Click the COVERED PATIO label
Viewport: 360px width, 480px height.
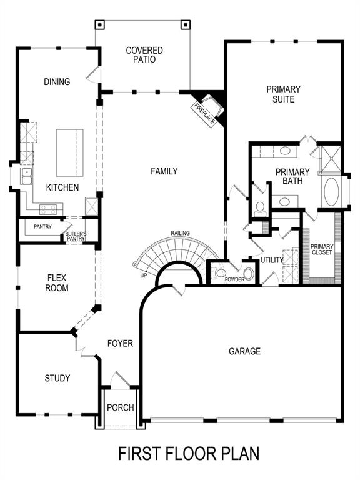point(144,55)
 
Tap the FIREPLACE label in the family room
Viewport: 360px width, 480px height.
point(204,111)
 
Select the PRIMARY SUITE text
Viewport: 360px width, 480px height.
point(283,94)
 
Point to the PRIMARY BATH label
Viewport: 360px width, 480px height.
point(292,176)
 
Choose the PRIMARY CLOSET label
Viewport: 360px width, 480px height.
point(322,249)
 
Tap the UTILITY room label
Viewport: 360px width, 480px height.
point(272,260)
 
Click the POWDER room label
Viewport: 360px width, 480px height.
point(234,279)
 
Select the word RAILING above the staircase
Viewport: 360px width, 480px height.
point(181,234)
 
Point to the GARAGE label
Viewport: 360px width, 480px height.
point(244,351)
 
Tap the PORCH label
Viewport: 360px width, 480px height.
point(120,407)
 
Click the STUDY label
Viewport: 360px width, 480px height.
point(57,378)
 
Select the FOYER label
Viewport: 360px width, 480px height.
point(120,343)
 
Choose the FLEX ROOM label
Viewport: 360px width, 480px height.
point(57,282)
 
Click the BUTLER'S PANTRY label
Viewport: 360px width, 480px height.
point(75,236)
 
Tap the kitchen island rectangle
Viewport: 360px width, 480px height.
point(69,153)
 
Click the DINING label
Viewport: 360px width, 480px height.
point(57,82)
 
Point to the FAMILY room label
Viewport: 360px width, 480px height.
point(164,171)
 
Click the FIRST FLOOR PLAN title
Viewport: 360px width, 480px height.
point(189,452)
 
